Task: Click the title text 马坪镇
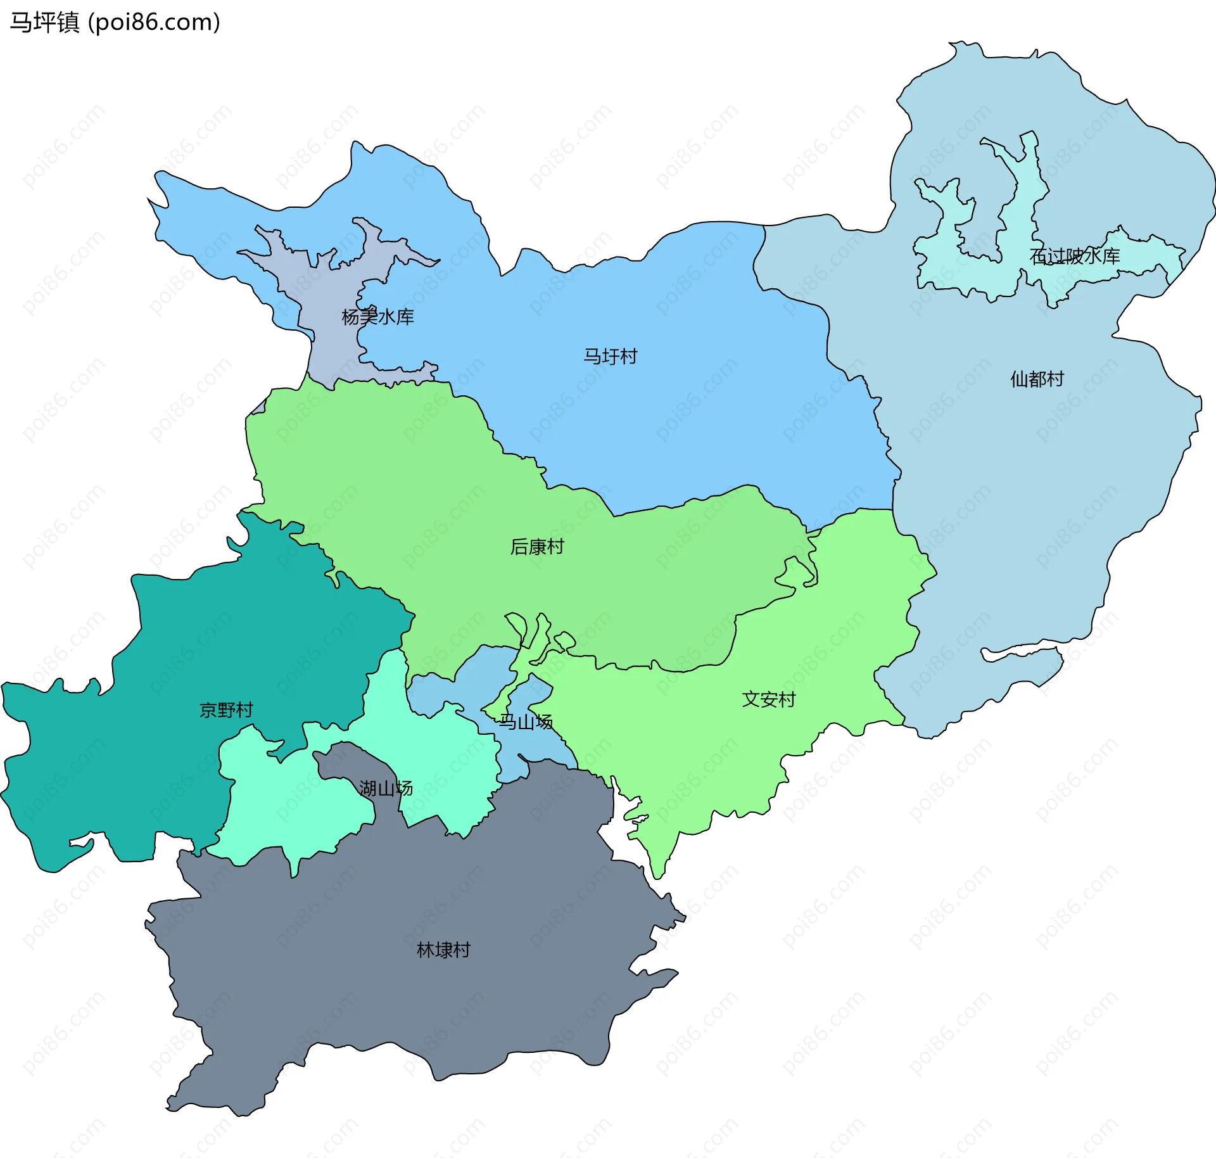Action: (44, 23)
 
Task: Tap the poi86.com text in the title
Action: (155, 23)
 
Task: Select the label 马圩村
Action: (610, 357)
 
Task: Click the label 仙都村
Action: (1037, 379)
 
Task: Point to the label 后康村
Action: (537, 547)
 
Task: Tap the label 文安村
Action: (768, 699)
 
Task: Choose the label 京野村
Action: (226, 709)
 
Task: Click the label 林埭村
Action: (443, 950)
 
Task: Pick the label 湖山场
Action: (386, 789)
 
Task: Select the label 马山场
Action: (526, 722)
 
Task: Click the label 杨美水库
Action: (377, 317)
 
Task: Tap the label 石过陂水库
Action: (1075, 256)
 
